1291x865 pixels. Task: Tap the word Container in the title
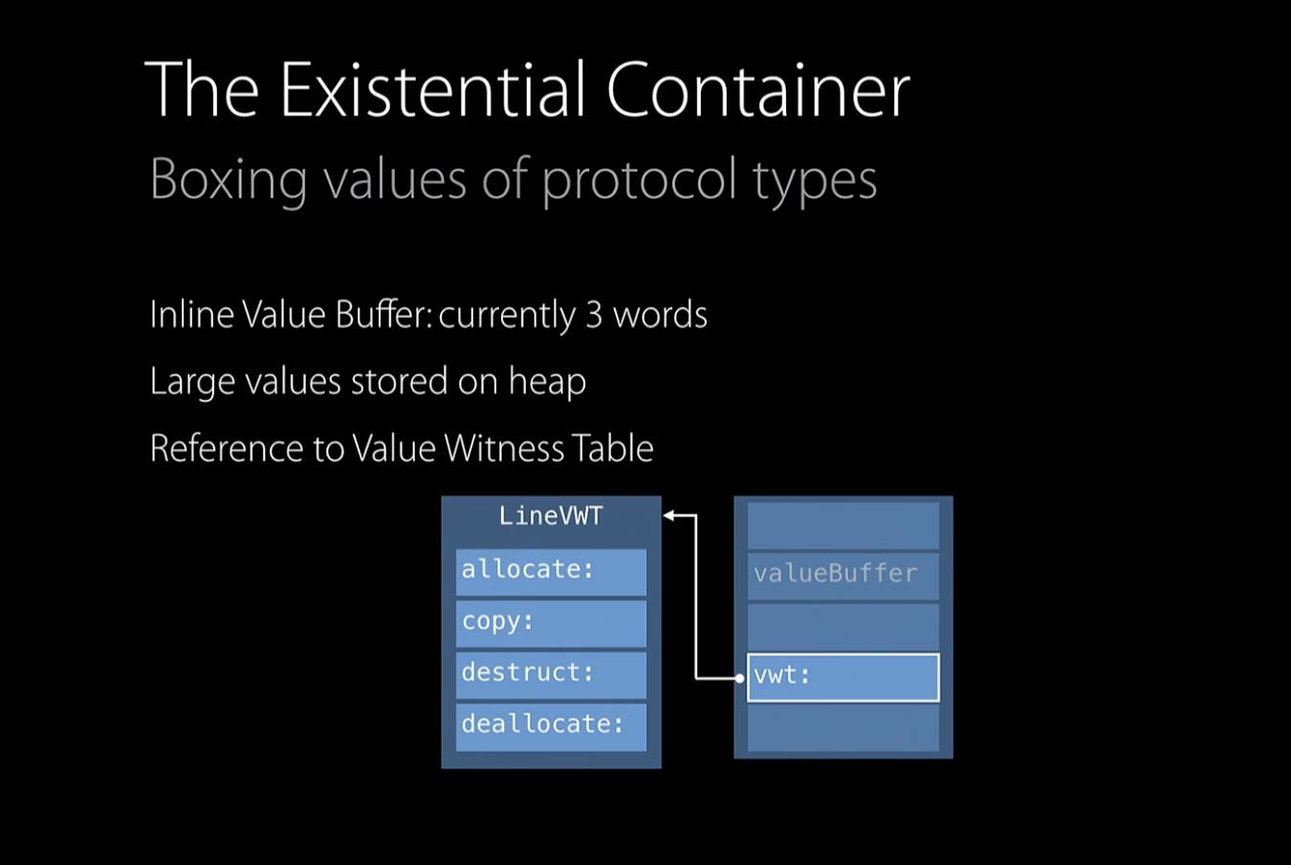[x=757, y=90]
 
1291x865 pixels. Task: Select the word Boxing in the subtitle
[x=228, y=180]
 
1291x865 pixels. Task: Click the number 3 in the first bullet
[x=593, y=315]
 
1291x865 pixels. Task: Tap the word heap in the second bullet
[x=547, y=382]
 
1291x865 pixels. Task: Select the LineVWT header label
[x=551, y=517]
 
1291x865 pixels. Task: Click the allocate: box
[x=551, y=571]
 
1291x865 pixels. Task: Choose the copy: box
[x=551, y=623]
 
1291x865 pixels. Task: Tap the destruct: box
[x=551, y=674]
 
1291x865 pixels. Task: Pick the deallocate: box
[x=551, y=725]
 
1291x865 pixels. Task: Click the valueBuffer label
[x=836, y=574]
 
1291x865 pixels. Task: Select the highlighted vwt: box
[x=842, y=676]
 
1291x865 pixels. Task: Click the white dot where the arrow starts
[x=739, y=678]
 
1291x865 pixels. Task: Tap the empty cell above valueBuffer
[x=842, y=525]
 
